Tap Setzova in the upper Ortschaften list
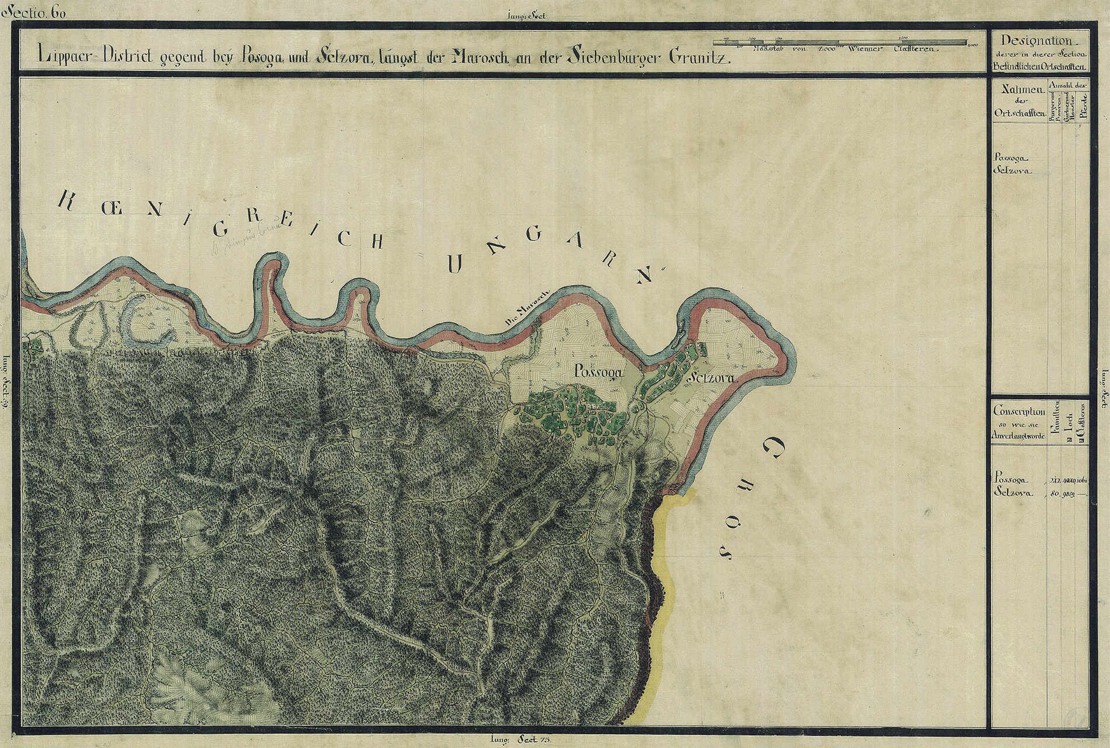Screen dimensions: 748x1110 [x=1012, y=172]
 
